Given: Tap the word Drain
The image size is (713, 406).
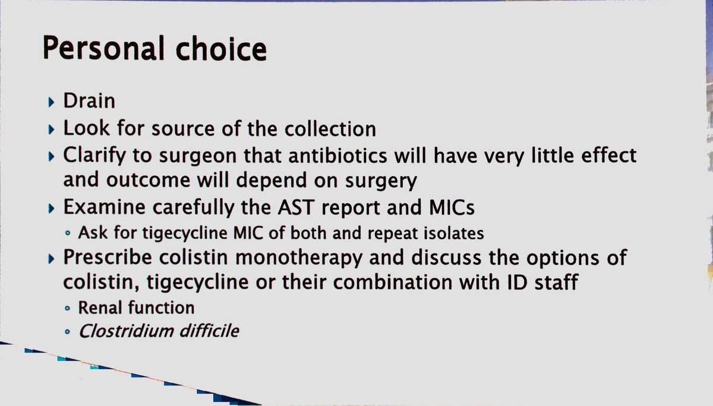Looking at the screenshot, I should point(89,101).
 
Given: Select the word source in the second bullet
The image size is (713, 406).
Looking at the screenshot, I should point(187,128).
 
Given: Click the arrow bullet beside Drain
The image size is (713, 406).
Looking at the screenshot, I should point(52,102).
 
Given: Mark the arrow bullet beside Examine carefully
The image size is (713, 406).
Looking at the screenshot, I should point(52,209).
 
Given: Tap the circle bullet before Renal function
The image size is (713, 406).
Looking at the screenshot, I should point(68,309).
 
